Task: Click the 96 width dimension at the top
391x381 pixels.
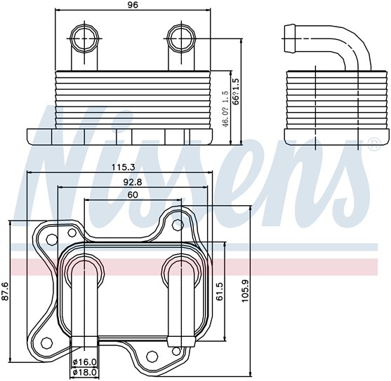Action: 133,6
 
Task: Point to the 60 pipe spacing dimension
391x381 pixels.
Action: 132,195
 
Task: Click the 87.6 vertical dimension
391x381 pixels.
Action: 6,291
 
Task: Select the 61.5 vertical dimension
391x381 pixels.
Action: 219,291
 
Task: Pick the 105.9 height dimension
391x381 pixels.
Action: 245,291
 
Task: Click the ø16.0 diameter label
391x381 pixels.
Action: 85,362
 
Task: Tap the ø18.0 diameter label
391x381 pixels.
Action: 85,372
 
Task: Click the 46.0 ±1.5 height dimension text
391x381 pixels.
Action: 225,105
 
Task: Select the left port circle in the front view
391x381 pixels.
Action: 84,36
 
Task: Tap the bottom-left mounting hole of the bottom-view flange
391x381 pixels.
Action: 46,343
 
